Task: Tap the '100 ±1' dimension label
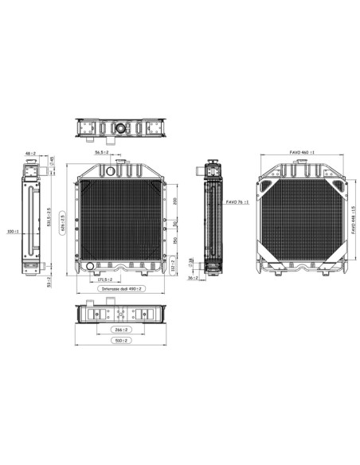pos(11,232)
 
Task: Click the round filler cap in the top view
pos(121,127)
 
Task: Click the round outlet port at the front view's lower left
pos(88,266)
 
